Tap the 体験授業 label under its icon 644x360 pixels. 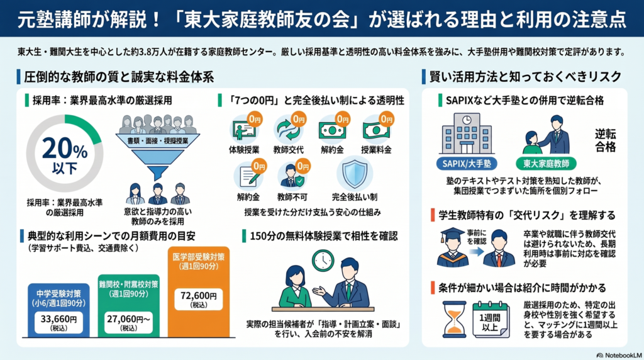point(244,150)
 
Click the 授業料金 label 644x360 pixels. point(376,150)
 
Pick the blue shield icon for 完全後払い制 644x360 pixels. point(355,174)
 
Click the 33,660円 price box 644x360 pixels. point(58,322)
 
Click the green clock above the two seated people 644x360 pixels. point(323,261)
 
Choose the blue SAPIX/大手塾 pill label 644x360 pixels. point(467,164)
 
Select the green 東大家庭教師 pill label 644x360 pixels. point(547,164)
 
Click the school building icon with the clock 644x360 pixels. point(467,135)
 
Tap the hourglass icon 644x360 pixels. point(454,319)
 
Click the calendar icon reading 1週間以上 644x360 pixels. point(491,320)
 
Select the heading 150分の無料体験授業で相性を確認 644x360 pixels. point(324,236)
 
